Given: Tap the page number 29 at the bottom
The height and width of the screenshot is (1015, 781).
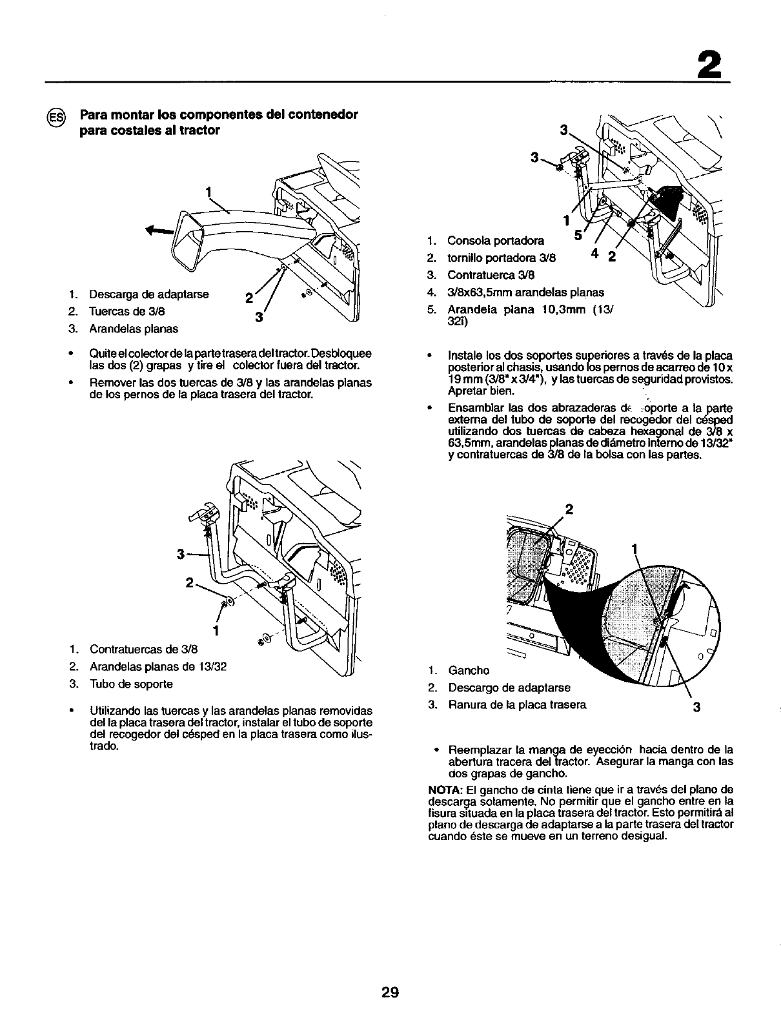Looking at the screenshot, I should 390,992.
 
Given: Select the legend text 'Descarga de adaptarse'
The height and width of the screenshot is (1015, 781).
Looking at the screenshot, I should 148,295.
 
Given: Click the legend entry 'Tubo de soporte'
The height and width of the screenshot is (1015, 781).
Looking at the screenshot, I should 131,684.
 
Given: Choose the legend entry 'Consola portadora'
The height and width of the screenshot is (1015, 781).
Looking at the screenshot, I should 495,241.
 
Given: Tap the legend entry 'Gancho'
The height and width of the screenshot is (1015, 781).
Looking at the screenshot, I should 469,670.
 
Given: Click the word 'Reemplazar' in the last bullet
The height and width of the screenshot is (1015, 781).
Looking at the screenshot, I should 476,750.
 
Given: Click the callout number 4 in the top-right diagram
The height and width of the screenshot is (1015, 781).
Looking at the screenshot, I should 594,254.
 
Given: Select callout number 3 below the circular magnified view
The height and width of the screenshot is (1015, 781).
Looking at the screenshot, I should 696,708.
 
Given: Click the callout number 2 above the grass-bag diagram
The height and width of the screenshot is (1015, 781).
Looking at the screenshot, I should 568,508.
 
